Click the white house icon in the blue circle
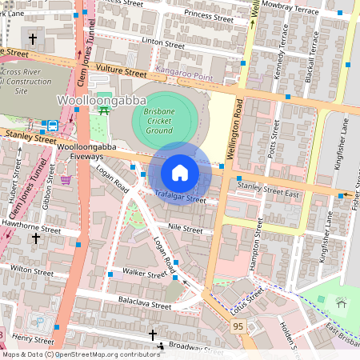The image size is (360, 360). (x=179, y=172)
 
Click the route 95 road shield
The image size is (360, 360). (x=238, y=326)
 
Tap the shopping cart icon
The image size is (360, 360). (x=65, y=179)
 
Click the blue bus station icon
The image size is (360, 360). (x=52, y=125)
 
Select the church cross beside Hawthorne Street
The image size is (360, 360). (x=35, y=238)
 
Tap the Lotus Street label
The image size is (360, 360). (x=246, y=301)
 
